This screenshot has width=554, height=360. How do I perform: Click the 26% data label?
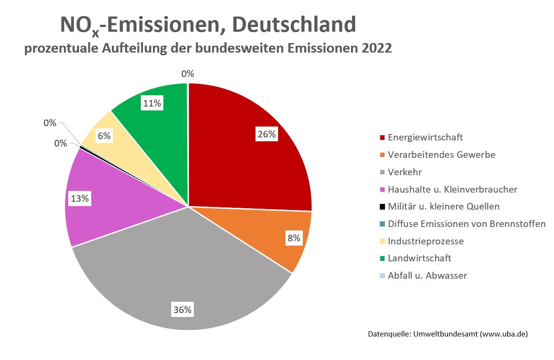(266, 134)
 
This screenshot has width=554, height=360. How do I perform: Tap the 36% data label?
(182, 310)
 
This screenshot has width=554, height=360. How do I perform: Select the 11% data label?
(152, 103)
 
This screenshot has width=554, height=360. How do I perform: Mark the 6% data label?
(104, 136)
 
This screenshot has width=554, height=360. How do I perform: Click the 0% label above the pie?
(188, 74)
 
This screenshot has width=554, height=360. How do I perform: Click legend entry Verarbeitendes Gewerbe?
(441, 155)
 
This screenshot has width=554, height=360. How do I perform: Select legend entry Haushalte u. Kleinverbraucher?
(452, 190)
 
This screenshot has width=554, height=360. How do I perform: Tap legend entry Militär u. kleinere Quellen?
(444, 207)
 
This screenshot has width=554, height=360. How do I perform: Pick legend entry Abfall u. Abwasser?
(427, 276)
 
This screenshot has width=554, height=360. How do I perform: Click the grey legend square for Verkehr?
(382, 173)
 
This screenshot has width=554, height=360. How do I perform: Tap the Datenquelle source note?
(448, 334)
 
